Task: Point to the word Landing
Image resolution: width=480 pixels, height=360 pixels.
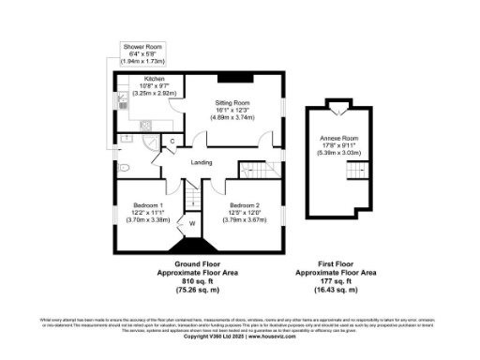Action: [x=201, y=163]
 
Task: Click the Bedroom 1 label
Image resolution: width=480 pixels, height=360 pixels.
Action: [x=146, y=211]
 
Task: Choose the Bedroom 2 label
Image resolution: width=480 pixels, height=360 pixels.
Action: [x=245, y=211]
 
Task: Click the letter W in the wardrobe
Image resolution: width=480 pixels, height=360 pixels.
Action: [x=192, y=224]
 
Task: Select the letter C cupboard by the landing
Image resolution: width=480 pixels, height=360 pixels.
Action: [x=172, y=142]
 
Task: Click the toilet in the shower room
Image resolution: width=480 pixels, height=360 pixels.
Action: [x=125, y=168]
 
